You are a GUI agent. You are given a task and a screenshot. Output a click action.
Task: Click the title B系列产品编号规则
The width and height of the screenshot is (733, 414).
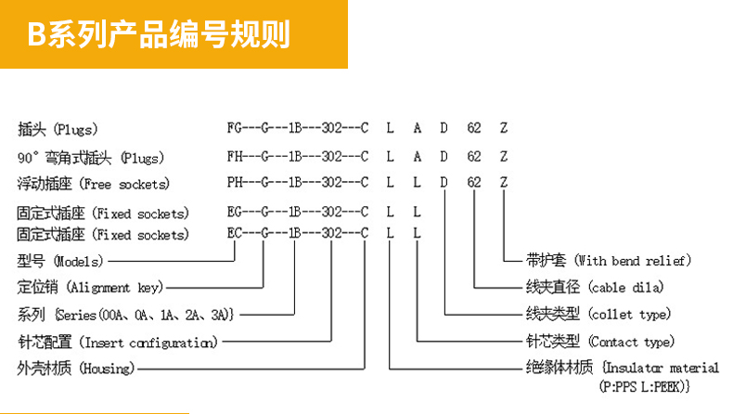tap(158, 35)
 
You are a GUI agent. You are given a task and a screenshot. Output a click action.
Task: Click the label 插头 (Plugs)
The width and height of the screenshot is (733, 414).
tap(58, 129)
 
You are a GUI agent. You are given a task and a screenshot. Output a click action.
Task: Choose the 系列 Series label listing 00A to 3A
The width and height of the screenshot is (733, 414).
tap(125, 315)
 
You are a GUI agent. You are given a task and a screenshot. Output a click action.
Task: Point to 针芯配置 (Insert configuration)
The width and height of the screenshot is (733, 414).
tap(117, 342)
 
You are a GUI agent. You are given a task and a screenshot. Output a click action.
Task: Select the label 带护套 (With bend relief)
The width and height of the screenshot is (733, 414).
tap(607, 261)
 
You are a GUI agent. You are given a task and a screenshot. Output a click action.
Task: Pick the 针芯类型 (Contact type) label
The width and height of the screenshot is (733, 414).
tap(599, 342)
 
